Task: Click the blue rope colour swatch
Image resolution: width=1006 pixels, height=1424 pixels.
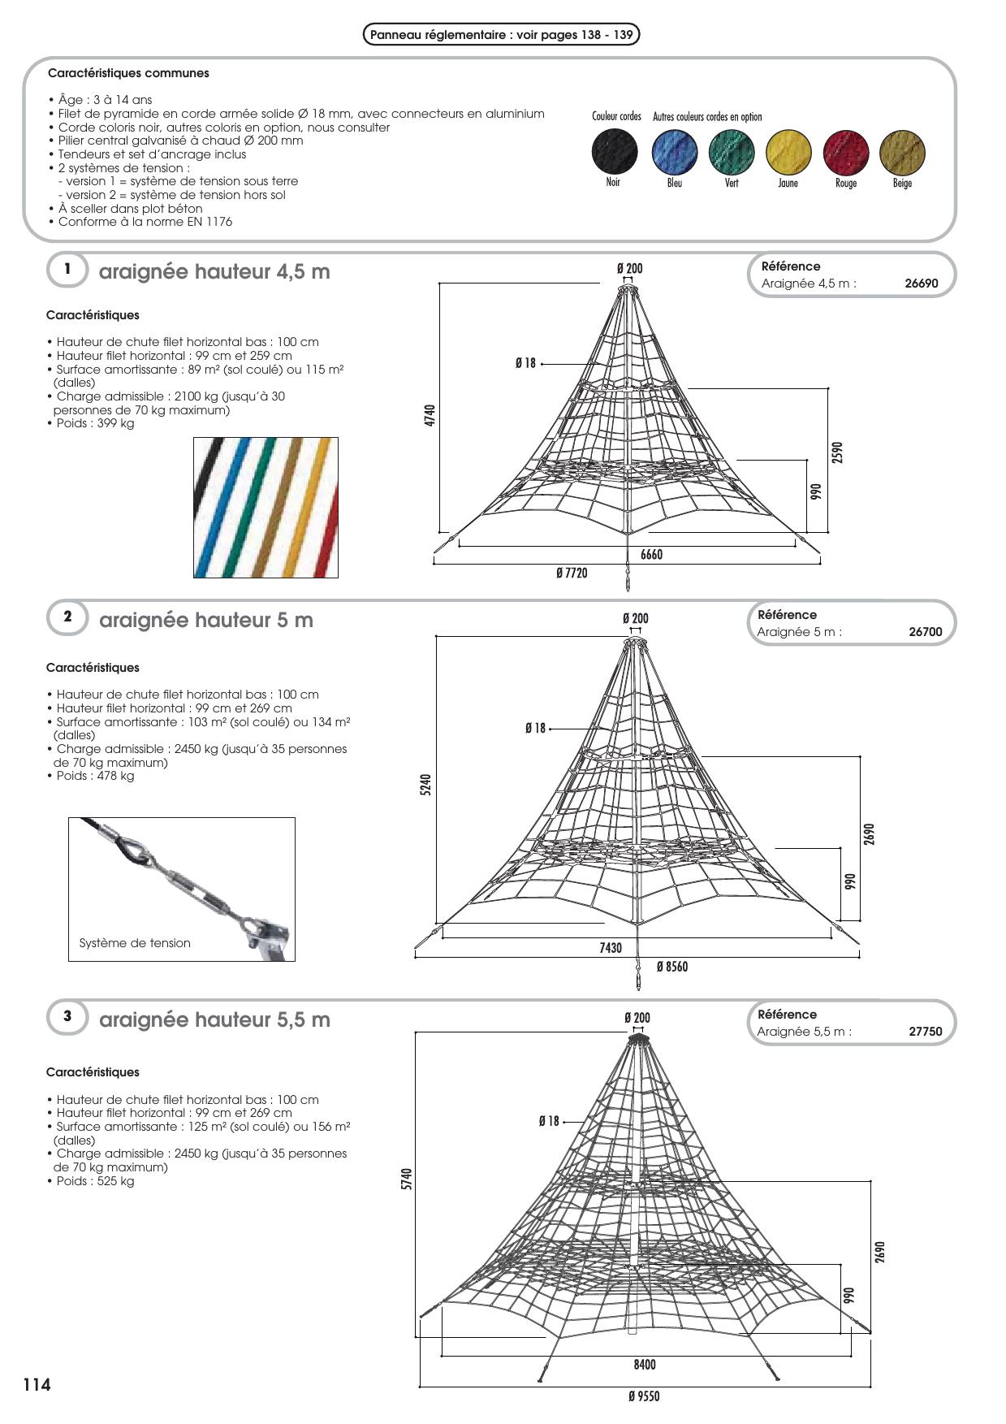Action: click(674, 152)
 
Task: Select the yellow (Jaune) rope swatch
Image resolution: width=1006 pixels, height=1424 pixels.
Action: click(788, 152)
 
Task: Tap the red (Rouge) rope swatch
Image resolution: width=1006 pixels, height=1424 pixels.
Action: click(845, 152)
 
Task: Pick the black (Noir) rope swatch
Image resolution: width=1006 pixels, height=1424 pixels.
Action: click(615, 152)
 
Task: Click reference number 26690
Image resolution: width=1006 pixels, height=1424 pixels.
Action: click(921, 284)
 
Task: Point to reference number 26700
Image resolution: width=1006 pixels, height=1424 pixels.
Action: click(925, 632)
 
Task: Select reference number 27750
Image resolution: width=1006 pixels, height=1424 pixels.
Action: click(925, 1032)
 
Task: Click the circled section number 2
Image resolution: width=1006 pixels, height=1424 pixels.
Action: click(67, 617)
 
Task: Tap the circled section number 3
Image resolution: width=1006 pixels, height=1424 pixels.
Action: click(67, 1017)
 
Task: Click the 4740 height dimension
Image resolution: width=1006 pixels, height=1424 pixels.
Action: click(430, 415)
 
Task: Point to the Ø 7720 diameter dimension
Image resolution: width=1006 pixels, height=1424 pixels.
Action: click(572, 573)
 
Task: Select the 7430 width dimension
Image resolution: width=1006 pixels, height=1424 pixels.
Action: click(611, 948)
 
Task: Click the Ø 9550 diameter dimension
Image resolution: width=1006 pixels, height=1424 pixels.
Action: click(644, 1396)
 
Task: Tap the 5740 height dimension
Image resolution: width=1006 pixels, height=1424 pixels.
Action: click(408, 1179)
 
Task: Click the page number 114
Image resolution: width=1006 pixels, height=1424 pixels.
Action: click(37, 1385)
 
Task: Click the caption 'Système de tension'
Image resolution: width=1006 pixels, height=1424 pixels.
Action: click(135, 943)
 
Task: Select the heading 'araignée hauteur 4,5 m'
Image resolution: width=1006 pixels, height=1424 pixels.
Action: click(214, 272)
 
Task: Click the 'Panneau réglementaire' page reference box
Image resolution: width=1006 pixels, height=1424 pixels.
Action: click(501, 35)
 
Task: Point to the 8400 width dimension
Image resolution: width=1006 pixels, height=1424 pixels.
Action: click(645, 1365)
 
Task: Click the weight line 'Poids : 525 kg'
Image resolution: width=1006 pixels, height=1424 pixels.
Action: click(95, 1181)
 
